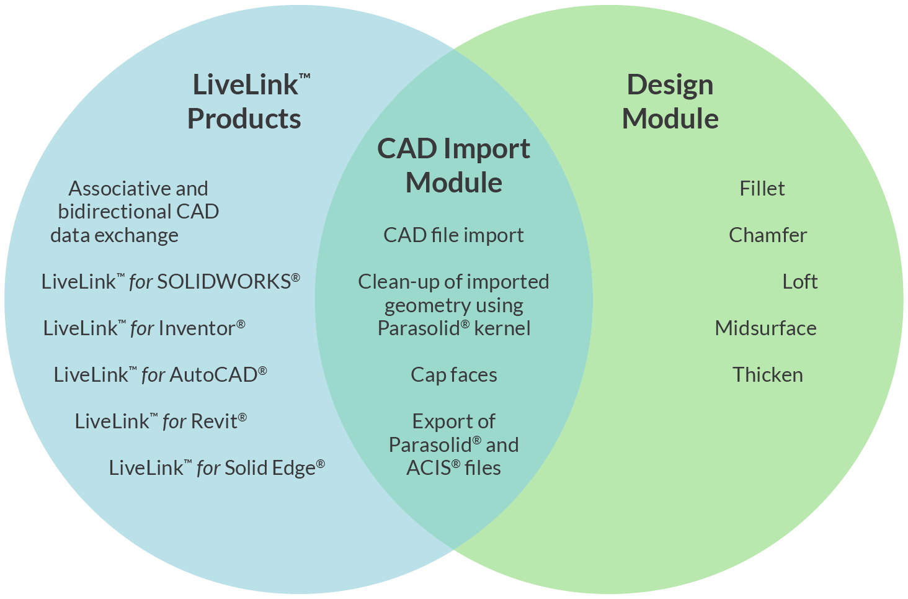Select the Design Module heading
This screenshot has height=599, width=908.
pos(670,102)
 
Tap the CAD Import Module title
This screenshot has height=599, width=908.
pos(453,166)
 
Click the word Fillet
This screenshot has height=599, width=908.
pos(762,189)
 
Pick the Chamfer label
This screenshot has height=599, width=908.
pos(767,235)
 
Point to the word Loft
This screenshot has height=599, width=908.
pos(799,282)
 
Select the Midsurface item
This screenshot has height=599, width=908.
pos(765,328)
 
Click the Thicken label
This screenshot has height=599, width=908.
pos(767,375)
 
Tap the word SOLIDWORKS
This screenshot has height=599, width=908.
pos(224,282)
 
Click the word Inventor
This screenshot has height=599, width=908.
pos(197,328)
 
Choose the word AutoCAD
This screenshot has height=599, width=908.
pos(213,375)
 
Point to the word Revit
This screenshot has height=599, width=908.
pos(214,421)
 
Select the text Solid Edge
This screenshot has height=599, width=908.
pos(270,468)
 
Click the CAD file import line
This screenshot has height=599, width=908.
pos(453,235)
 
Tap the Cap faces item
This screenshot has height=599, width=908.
pos(453,375)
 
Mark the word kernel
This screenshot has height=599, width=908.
pos(502,328)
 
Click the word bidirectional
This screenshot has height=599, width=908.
pos(114,212)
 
